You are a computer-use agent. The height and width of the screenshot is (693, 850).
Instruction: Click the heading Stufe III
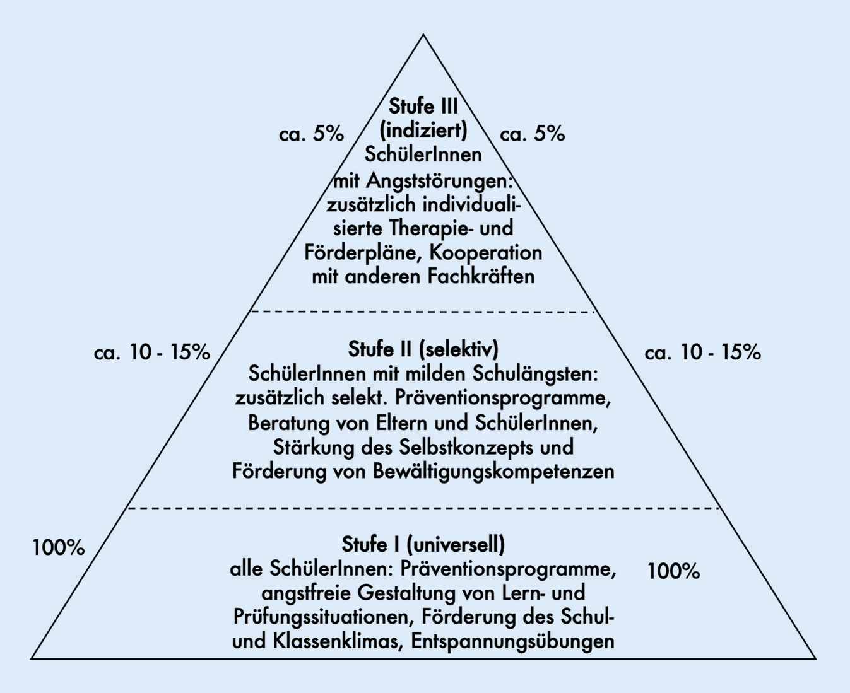click(423, 105)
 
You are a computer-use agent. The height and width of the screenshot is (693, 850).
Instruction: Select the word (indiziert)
click(423, 130)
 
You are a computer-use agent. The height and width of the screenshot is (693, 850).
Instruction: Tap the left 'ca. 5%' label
click(312, 134)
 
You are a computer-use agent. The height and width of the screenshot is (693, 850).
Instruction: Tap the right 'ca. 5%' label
click(532, 134)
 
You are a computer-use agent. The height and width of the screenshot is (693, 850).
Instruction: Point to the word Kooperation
click(486, 253)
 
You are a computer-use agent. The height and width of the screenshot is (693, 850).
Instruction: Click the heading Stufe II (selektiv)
click(423, 349)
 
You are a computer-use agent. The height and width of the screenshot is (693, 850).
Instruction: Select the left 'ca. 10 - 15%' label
click(152, 352)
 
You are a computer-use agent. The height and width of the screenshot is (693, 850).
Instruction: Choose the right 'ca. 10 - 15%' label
click(702, 352)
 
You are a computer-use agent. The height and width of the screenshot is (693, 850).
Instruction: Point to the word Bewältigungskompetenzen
click(493, 472)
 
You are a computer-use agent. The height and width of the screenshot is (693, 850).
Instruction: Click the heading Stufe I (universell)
click(423, 544)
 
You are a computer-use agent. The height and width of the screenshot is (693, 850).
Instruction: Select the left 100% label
click(59, 547)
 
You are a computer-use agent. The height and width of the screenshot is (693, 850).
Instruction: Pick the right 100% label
click(673, 571)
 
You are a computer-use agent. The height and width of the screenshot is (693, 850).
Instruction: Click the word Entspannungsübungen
click(513, 641)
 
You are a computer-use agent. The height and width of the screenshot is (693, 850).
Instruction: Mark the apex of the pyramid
click(423, 35)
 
